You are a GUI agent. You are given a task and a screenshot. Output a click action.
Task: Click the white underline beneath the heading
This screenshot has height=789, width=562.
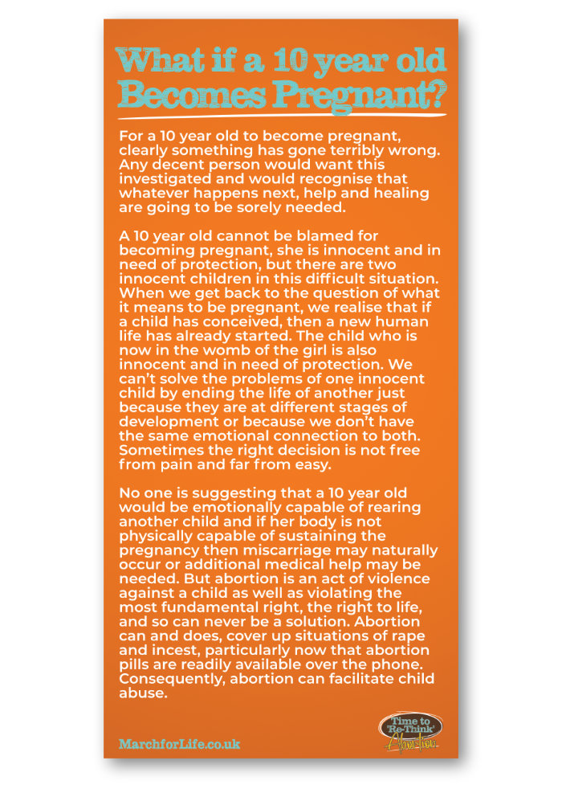point(281,117)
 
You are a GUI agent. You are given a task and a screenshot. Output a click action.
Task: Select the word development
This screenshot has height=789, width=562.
point(164,422)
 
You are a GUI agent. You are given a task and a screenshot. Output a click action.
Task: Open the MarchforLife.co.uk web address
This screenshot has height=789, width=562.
point(179,743)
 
